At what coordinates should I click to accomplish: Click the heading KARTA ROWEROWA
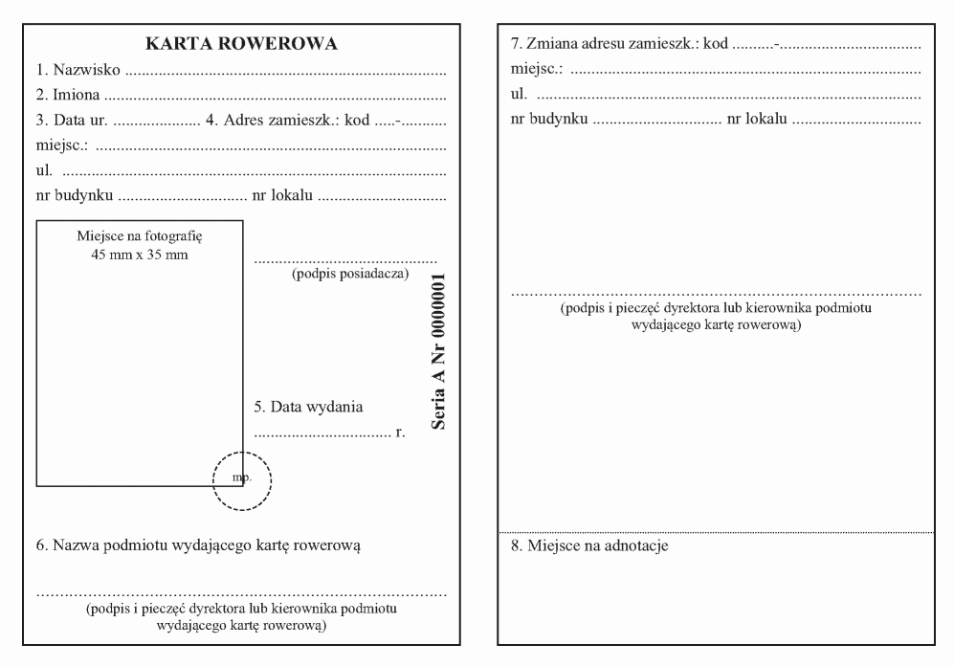point(240,44)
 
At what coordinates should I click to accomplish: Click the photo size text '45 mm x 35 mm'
point(140,254)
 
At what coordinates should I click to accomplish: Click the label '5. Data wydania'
point(308,407)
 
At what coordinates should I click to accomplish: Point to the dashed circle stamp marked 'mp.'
point(242,476)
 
